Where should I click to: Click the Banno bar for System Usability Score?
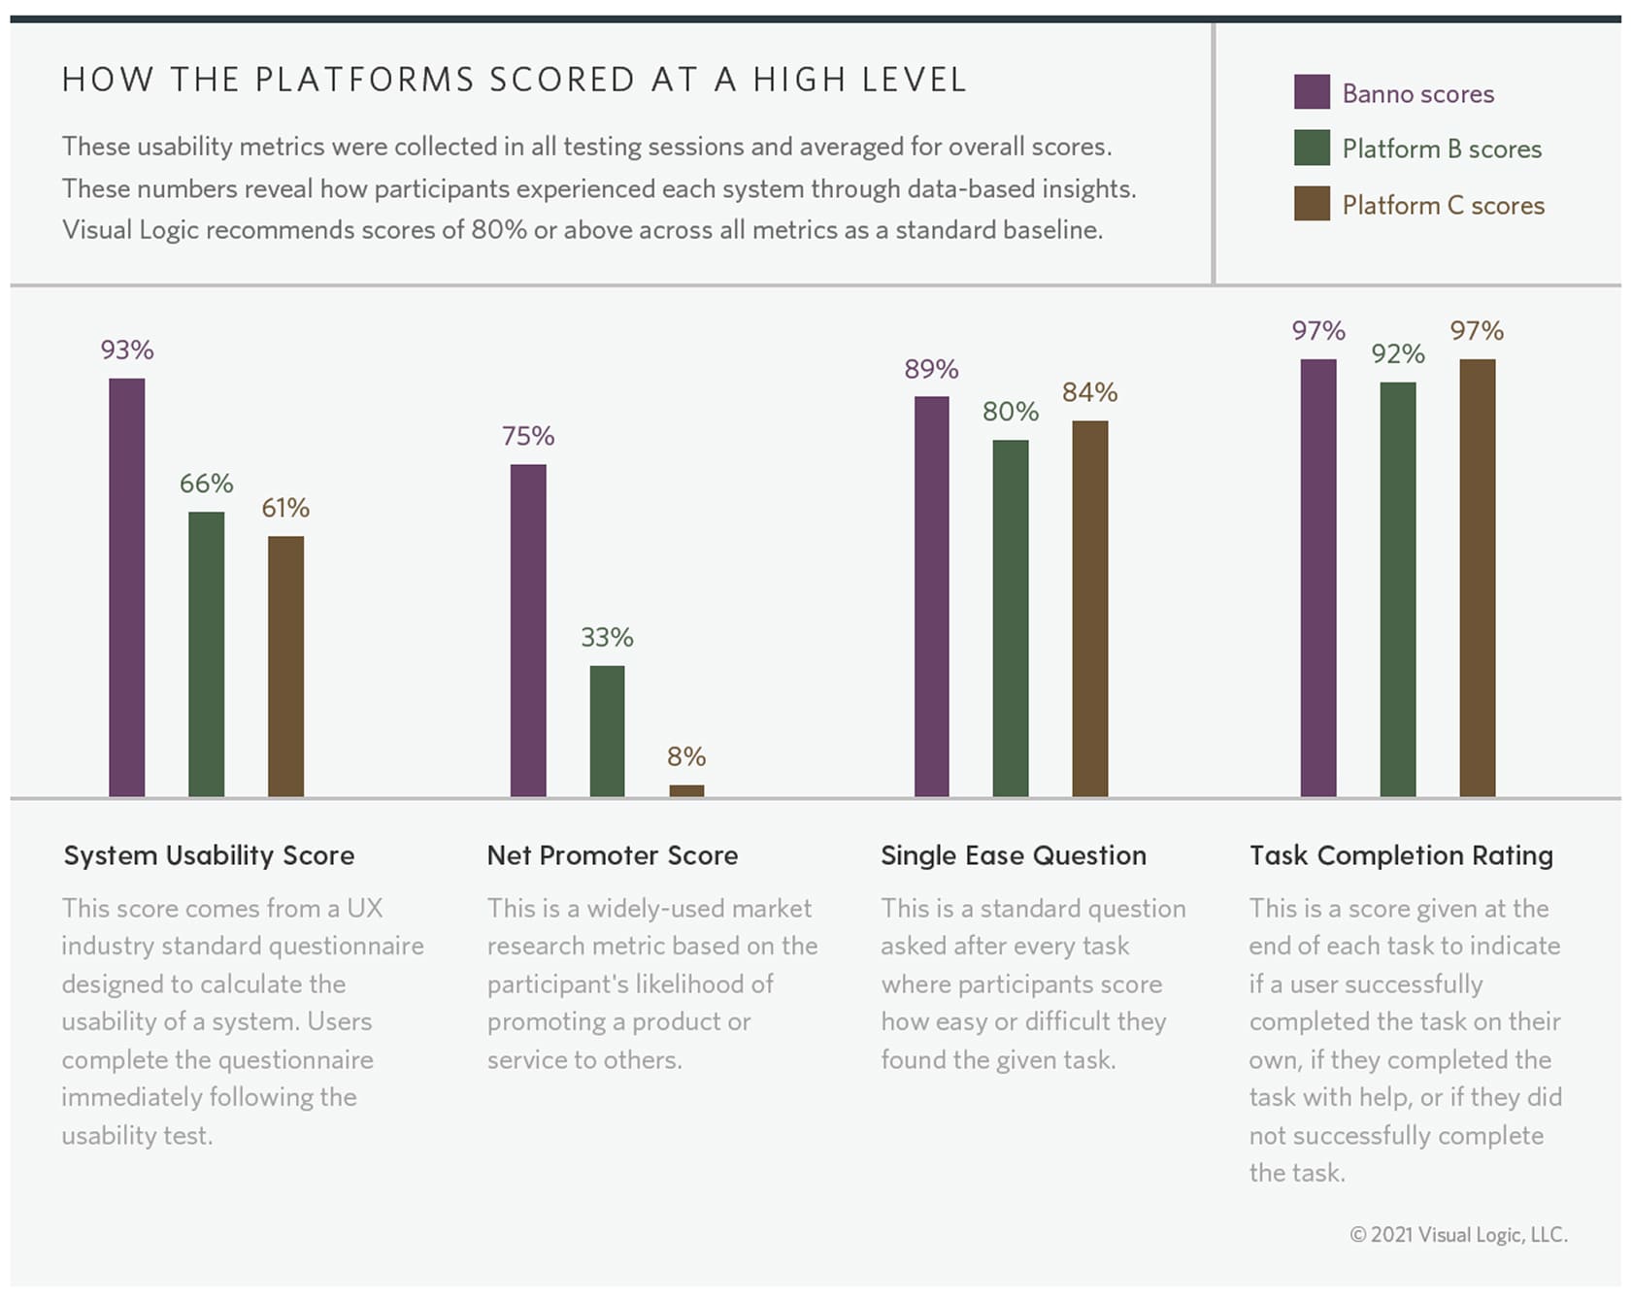pyautogui.click(x=126, y=587)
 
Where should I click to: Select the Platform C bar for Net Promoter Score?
pyautogui.click(x=686, y=790)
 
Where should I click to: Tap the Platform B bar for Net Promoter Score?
pyautogui.click(x=607, y=731)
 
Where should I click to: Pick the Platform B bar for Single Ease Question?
pyautogui.click(x=1010, y=618)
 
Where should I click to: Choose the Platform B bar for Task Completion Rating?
pyautogui.click(x=1397, y=589)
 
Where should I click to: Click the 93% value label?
pyautogui.click(x=127, y=350)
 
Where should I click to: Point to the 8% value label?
pyautogui.click(x=686, y=756)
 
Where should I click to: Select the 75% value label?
pyautogui.click(x=528, y=436)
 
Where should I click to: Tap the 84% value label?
pyautogui.click(x=1089, y=392)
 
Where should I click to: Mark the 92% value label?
pyautogui.click(x=1397, y=354)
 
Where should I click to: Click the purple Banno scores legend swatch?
pyautogui.click(x=1311, y=92)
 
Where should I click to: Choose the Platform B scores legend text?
pyautogui.click(x=1442, y=149)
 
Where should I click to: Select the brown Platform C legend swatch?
pyautogui.click(x=1311, y=204)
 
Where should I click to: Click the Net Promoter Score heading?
pyautogui.click(x=612, y=855)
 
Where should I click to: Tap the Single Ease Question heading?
pyautogui.click(x=1013, y=855)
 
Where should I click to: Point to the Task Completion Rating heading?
pyautogui.click(x=1400, y=855)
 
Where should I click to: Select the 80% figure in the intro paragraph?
pyautogui.click(x=499, y=230)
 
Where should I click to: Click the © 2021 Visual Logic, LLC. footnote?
pyautogui.click(x=1458, y=1234)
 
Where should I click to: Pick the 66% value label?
pyautogui.click(x=206, y=484)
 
